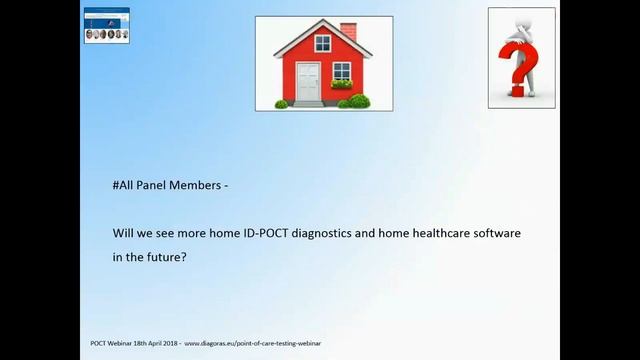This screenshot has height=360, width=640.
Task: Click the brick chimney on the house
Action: coord(347,31)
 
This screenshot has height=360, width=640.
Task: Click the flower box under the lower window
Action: coord(342,86)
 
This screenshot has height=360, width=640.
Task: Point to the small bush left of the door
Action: coord(282,103)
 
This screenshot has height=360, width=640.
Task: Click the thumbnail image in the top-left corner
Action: coord(106,24)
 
